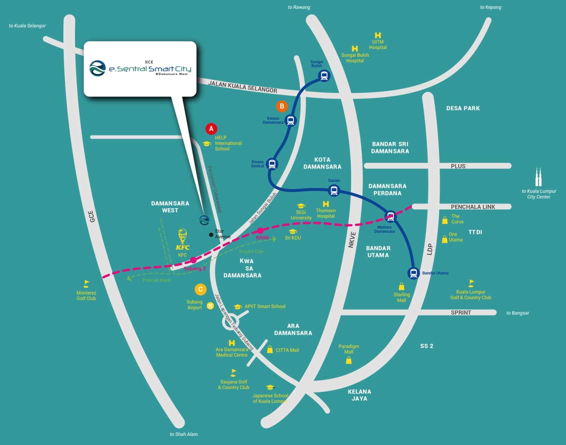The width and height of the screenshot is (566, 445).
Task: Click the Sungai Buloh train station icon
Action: pos(324,76)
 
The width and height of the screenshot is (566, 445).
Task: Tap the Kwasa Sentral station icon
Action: pos(272,164)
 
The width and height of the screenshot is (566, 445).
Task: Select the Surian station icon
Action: pos(334,190)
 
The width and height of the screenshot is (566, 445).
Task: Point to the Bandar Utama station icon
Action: pos(414,273)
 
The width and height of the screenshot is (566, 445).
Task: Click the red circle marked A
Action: pos(211,129)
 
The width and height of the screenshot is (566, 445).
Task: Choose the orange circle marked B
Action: pos(282,106)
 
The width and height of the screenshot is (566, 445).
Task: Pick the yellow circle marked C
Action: pos(200,290)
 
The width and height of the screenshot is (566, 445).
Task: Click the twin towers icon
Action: pos(538,177)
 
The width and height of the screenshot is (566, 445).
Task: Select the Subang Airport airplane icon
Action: pos(210,306)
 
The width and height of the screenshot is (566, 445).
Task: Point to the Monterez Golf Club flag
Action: pos(86,284)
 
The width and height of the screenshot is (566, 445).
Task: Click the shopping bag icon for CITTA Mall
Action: pos(270,350)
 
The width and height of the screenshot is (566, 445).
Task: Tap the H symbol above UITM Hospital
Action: pos(378,35)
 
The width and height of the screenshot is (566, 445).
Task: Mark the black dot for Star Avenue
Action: pos(211,235)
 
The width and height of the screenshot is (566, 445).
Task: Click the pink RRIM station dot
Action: pos(260,231)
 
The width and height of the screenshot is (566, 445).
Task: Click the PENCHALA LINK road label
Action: pos(473,207)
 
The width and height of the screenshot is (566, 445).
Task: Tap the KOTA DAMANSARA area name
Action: pos(322,163)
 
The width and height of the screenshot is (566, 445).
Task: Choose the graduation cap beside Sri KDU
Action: pos(293,232)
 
